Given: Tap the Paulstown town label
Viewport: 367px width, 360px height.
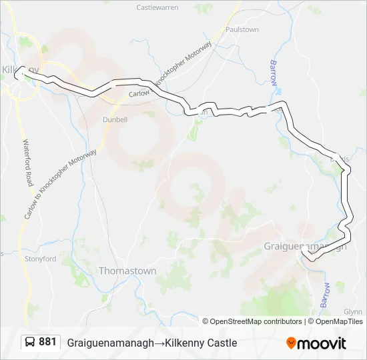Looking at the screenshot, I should [242, 30].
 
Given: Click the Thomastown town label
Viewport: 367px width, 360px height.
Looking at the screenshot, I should [127, 271].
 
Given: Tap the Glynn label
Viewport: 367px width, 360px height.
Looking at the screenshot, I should [353, 312].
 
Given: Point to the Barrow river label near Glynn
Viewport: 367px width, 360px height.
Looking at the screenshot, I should [326, 293].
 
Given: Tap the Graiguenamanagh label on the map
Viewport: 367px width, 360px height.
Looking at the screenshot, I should [306, 245].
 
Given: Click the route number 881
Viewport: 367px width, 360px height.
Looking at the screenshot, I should [47, 342].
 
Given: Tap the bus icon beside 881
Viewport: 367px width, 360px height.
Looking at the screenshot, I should [30, 342].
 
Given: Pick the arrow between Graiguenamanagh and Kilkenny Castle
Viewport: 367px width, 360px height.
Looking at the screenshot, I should [149, 343].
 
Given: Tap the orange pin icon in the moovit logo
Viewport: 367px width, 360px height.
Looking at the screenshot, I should [291, 343].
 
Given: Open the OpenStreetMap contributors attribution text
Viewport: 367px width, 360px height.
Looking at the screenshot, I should [256, 321].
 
